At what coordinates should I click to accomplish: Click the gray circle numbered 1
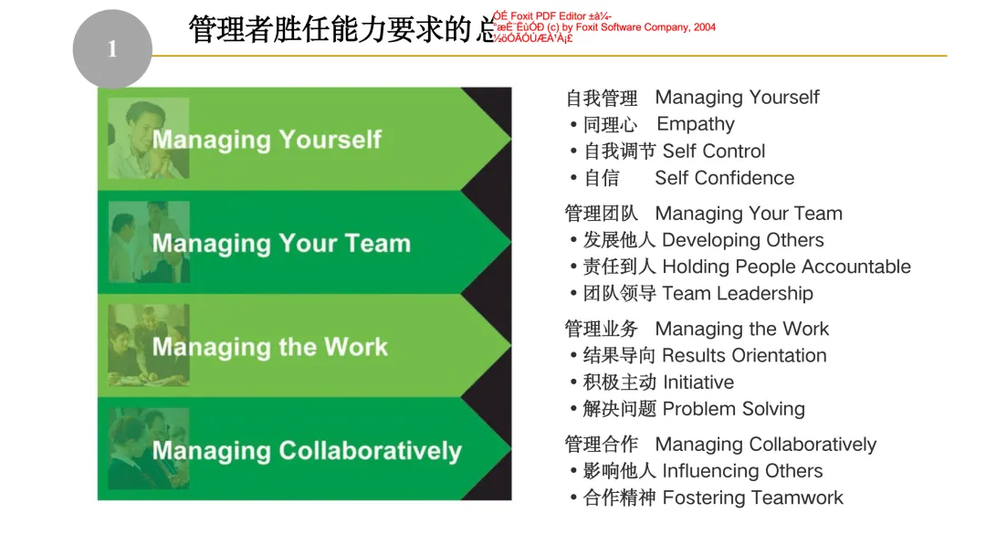click(x=112, y=49)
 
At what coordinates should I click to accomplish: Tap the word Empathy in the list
click(x=696, y=124)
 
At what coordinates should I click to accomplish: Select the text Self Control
click(x=714, y=152)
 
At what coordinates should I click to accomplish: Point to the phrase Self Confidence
click(x=724, y=178)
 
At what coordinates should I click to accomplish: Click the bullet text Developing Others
click(x=742, y=240)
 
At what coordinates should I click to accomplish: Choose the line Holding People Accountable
click(x=786, y=267)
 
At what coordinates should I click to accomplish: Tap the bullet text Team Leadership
click(x=737, y=293)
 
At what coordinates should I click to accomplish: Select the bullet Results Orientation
click(x=743, y=355)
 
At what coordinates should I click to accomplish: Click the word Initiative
click(x=698, y=382)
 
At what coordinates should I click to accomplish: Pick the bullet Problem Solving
click(x=733, y=409)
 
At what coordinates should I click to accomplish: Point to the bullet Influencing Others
click(x=742, y=471)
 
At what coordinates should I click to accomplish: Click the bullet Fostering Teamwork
click(x=752, y=497)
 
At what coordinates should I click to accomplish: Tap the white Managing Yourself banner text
click(x=267, y=140)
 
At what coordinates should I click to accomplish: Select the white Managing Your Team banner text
click(x=281, y=244)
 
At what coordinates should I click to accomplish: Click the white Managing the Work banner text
click(x=269, y=347)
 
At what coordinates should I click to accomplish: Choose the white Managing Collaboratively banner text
click(x=307, y=451)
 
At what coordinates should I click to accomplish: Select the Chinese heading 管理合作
click(x=602, y=445)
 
